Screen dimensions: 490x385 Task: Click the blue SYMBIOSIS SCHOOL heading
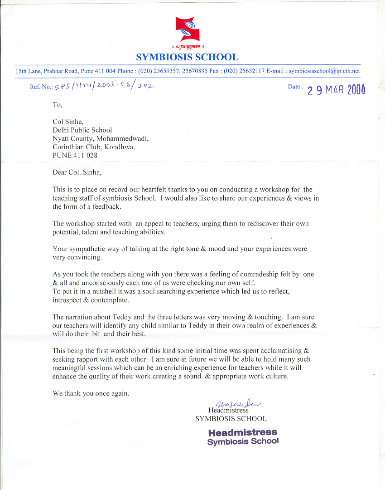click(187, 57)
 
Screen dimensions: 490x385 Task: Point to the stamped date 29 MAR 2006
click(336, 89)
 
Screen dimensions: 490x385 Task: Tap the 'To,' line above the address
click(57, 105)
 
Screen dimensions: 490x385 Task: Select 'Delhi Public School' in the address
click(82, 130)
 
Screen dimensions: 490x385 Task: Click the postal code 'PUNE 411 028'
click(75, 155)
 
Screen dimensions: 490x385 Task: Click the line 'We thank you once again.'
click(91, 393)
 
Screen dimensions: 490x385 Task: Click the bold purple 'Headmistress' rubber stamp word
click(242, 432)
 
